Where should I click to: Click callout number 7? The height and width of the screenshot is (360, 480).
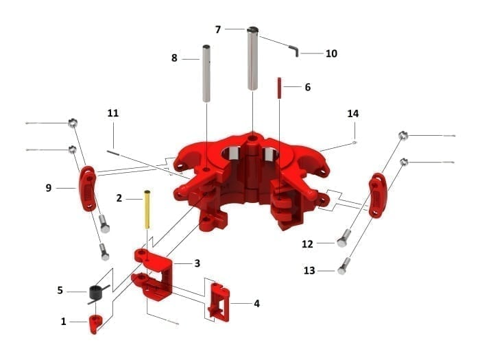(218, 29)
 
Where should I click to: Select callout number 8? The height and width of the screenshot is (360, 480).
(174, 59)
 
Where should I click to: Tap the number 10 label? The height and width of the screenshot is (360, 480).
(331, 53)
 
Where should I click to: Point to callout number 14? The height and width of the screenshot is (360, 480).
(353, 113)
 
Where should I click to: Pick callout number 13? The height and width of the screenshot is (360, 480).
(309, 271)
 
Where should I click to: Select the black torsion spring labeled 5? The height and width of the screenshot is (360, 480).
(95, 293)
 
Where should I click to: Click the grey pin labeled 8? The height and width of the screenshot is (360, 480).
(206, 72)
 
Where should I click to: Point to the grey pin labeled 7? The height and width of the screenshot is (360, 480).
(253, 58)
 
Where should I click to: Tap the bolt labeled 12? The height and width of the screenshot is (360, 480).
(343, 239)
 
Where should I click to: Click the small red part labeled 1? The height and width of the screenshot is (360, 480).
(95, 322)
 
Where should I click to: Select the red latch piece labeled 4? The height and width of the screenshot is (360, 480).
(217, 301)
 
